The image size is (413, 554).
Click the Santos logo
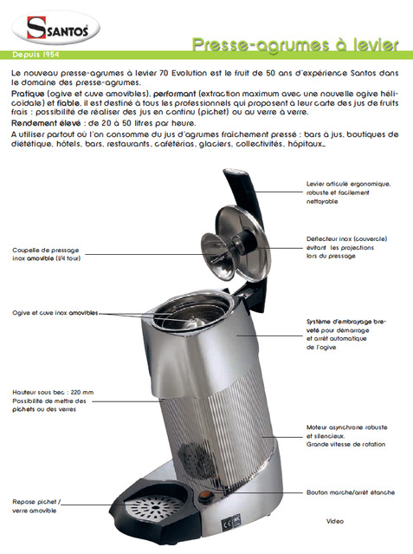(55, 28)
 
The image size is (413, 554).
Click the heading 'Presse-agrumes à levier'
(295, 45)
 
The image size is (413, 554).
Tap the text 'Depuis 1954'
(35, 55)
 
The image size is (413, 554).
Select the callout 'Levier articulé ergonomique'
(348, 192)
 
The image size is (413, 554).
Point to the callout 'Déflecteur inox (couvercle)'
(346, 247)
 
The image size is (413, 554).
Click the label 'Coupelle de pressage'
(47, 254)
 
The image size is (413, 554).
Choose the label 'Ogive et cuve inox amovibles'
(55, 313)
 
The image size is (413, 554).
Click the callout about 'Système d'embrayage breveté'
(346, 335)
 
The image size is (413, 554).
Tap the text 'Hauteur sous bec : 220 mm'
(53, 392)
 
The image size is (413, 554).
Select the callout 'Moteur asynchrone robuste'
(346, 435)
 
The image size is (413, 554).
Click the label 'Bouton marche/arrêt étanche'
(351, 492)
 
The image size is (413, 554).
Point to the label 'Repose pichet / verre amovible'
(36, 506)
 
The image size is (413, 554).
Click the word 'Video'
(334, 521)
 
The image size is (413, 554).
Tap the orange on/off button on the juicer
(203, 496)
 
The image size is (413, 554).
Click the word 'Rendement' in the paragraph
(34, 123)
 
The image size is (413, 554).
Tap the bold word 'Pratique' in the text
(28, 94)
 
